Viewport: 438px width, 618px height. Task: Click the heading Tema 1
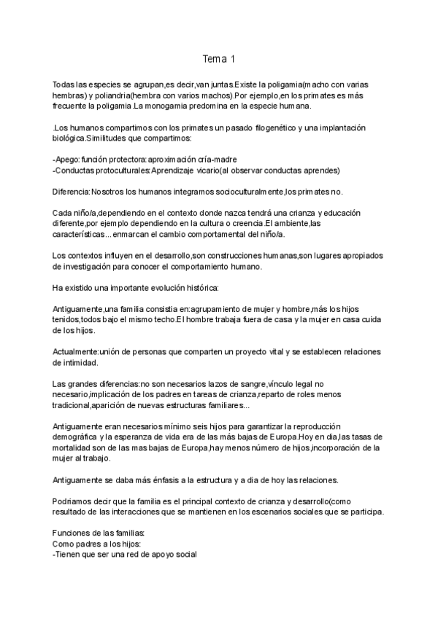point(219,58)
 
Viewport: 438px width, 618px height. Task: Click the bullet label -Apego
point(66,160)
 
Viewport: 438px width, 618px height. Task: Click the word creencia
point(243,223)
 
